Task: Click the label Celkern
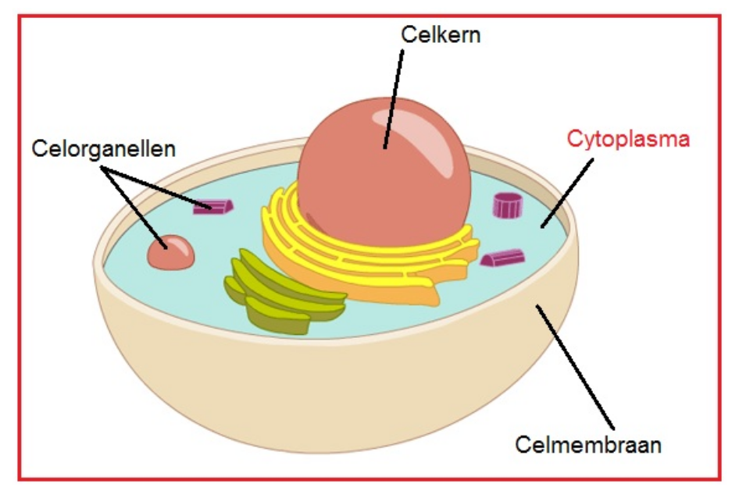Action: [x=441, y=35]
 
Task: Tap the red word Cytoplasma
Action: [x=628, y=140]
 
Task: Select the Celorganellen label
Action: [x=104, y=149]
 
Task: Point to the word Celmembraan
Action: [x=587, y=444]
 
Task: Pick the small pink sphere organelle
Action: [x=170, y=253]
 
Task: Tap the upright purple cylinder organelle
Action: [x=508, y=205]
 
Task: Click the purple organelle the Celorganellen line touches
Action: [x=213, y=207]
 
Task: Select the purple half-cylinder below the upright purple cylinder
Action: [x=502, y=258]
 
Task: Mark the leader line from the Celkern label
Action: [x=394, y=99]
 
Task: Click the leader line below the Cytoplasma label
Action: [x=567, y=193]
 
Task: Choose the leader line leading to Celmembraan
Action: [x=575, y=367]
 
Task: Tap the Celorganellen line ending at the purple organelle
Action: [x=156, y=187]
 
